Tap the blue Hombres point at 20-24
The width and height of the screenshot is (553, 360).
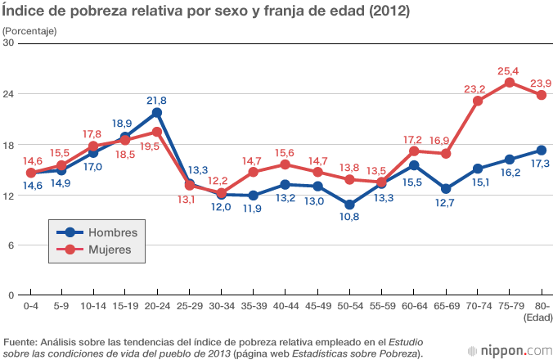click(156, 112)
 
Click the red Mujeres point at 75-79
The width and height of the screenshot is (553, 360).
click(509, 83)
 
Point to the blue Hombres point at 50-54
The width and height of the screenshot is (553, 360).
click(349, 205)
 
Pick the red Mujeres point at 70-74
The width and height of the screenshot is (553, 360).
click(477, 101)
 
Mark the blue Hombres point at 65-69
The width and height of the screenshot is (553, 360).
click(445, 189)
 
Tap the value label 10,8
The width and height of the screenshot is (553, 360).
click(349, 218)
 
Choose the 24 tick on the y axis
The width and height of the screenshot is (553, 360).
click(11, 94)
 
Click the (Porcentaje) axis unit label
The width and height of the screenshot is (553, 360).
click(29, 30)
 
